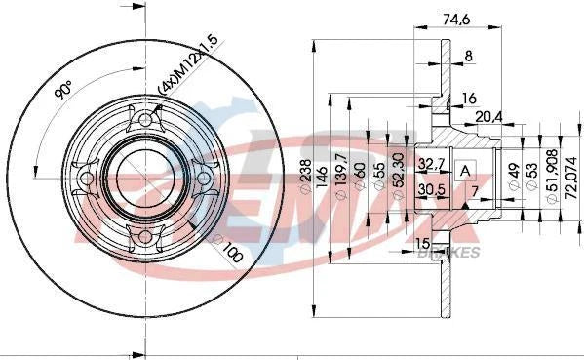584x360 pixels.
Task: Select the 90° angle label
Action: point(64,93)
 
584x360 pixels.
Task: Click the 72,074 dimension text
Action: point(571,171)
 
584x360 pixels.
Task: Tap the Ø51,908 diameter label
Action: point(552,173)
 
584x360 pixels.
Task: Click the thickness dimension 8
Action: point(468,57)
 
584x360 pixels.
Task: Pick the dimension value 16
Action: point(468,98)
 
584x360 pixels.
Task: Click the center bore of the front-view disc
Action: point(143,180)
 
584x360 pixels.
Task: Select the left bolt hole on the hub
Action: point(86,179)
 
